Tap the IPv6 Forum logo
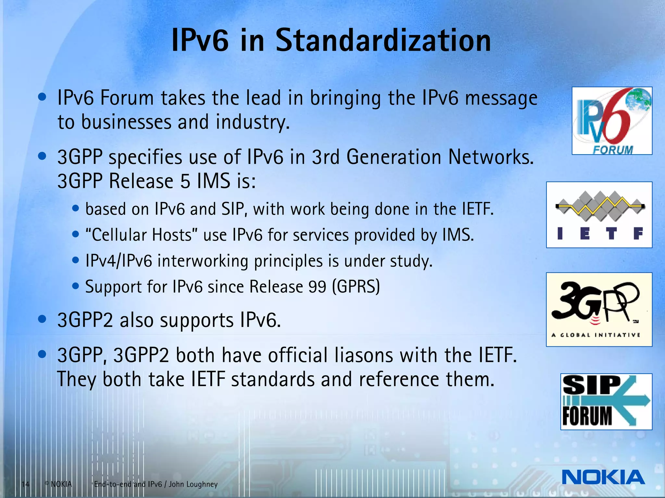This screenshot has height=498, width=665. [612, 121]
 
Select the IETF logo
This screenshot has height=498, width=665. [599, 215]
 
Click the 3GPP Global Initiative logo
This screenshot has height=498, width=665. [599, 309]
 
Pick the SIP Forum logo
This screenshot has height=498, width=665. [606, 402]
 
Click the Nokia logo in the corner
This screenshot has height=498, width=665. [603, 477]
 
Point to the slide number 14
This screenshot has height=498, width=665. [25, 484]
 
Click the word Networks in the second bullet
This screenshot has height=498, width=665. [491, 157]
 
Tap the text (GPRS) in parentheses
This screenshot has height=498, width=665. [356, 287]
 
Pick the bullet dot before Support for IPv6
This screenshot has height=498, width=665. [76, 286]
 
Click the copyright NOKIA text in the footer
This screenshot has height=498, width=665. [58, 484]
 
